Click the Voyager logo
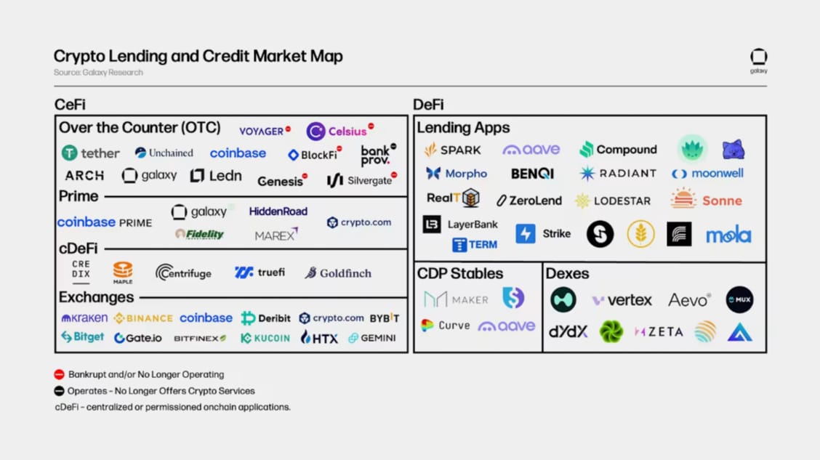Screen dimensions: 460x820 262,132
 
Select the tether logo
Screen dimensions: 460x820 91,153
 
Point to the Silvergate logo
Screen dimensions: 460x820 359,179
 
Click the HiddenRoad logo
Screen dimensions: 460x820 278,211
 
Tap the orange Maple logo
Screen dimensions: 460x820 123,273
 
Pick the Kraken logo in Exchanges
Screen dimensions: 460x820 84,318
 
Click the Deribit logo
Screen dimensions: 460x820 266,318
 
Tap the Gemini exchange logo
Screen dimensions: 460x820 372,338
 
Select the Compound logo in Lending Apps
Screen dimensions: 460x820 618,150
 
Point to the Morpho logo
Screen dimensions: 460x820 457,174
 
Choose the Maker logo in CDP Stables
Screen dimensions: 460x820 456,299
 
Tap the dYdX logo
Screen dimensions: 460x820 568,332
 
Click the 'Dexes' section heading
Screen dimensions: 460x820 567,274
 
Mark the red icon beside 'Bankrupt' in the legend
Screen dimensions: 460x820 60,375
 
